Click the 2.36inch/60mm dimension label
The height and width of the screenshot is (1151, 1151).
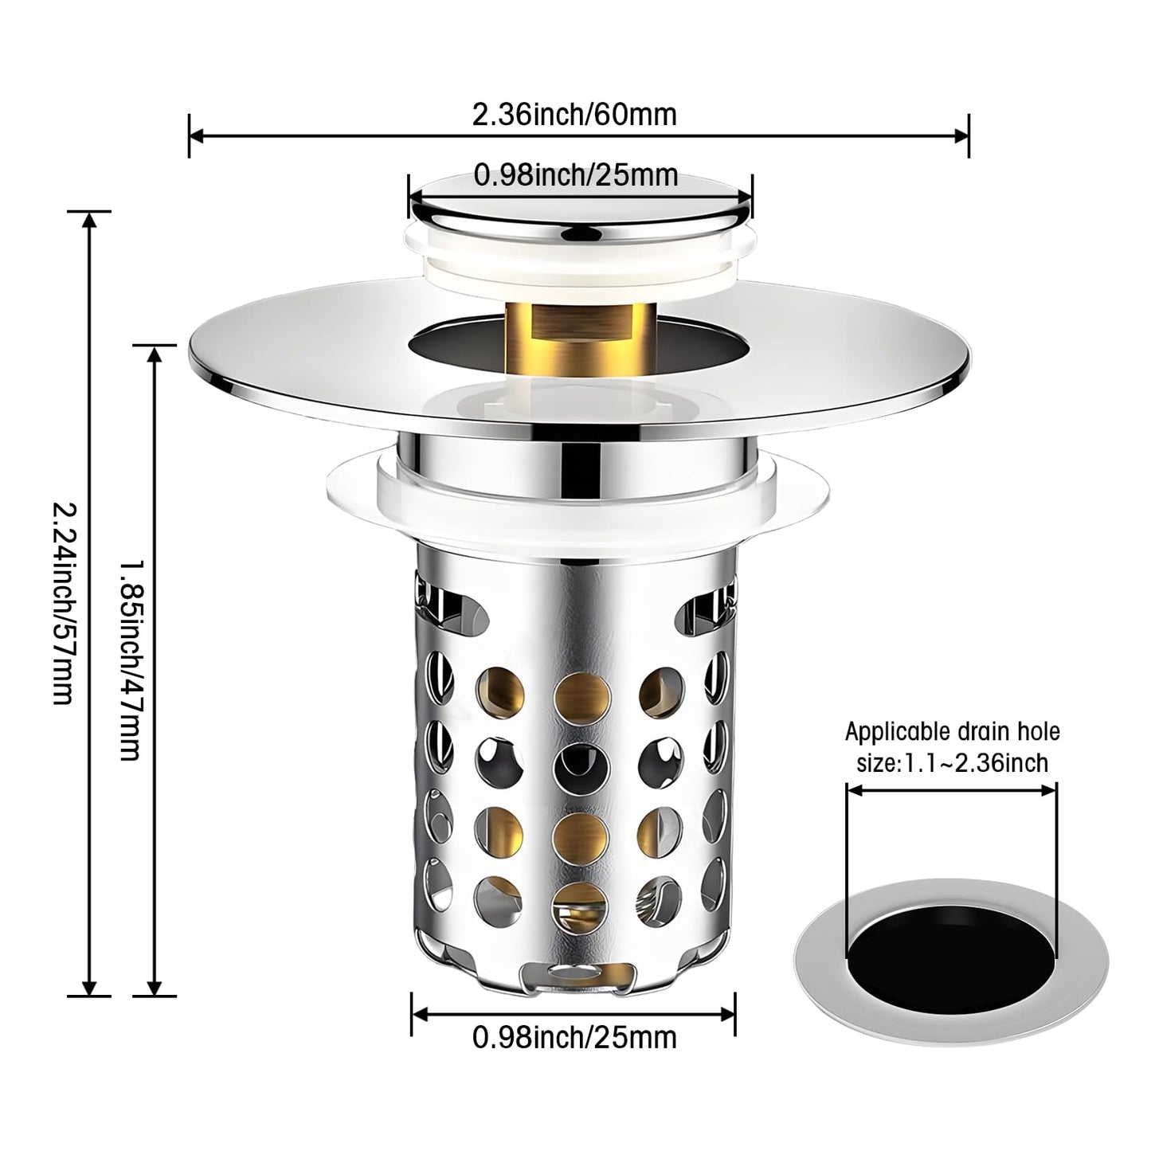pyautogui.click(x=574, y=115)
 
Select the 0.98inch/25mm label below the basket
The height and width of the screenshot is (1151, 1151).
pyautogui.click(x=574, y=1037)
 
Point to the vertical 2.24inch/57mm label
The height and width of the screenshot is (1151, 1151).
pyautogui.click(x=64, y=603)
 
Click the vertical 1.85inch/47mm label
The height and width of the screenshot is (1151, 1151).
pyautogui.click(x=131, y=659)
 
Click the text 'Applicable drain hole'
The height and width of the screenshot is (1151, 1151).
pyautogui.click(x=952, y=731)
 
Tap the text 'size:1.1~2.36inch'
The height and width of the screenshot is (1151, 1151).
pyautogui.click(x=952, y=763)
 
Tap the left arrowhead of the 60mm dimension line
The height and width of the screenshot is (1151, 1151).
pyautogui.click(x=197, y=136)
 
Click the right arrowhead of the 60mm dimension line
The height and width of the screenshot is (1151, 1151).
pyautogui.click(x=961, y=136)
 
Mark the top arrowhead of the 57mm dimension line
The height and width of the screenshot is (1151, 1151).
pyautogui.click(x=90, y=221)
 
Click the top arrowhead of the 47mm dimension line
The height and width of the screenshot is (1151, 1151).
pyautogui.click(x=155, y=354)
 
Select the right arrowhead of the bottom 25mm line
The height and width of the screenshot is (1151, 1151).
pyautogui.click(x=727, y=1014)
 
